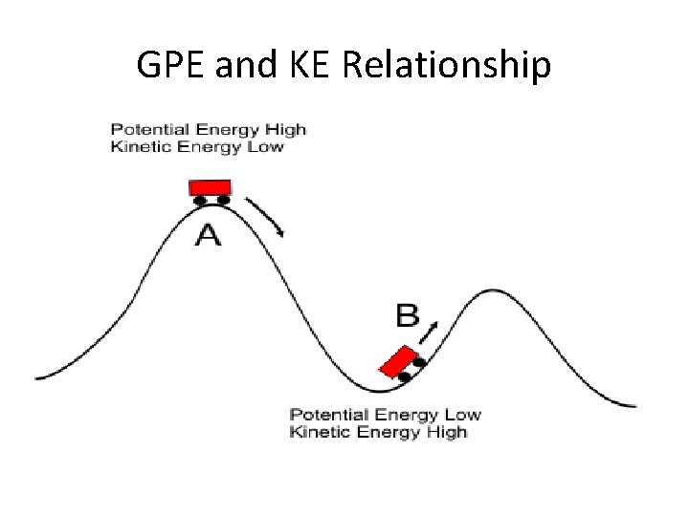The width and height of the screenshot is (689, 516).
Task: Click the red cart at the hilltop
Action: [x=211, y=186]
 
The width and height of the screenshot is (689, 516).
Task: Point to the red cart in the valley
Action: [x=399, y=361]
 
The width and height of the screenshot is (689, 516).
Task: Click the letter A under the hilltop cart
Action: [x=208, y=234]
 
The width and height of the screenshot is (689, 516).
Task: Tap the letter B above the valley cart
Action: [x=408, y=314]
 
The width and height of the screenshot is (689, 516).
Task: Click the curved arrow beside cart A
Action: [x=266, y=215]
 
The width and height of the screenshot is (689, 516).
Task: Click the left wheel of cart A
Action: [x=200, y=200]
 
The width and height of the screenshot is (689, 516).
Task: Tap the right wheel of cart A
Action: [x=223, y=200]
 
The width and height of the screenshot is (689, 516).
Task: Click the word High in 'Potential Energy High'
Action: [x=284, y=130]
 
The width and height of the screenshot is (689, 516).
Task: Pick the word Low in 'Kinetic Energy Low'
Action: [x=265, y=146]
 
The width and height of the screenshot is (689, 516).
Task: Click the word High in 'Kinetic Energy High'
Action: [x=446, y=431]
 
